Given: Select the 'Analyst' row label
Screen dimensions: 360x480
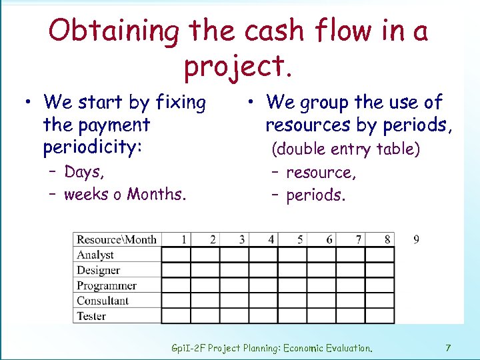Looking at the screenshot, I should (x=95, y=255).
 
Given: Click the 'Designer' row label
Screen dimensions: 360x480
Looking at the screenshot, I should (x=98, y=270).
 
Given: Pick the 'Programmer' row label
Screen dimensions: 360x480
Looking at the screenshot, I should (x=107, y=285).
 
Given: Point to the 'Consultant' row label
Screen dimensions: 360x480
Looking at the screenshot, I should (x=103, y=301).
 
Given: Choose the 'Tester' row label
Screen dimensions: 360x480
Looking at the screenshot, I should (x=91, y=316).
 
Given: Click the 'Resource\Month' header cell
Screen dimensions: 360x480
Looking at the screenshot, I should (x=117, y=239).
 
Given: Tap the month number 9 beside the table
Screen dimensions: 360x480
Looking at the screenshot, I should (x=416, y=239).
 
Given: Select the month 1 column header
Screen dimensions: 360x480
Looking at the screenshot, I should (x=183, y=239).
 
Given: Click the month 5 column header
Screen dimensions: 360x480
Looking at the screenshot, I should (x=300, y=239).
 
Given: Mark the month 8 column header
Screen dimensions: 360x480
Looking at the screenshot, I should (x=387, y=239).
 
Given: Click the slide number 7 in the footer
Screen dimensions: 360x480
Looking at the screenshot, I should (x=448, y=347).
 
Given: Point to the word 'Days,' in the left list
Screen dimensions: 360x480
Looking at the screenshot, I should (x=84, y=172).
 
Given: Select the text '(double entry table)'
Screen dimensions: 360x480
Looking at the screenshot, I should (x=345, y=149).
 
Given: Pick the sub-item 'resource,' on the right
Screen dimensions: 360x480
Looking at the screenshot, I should (x=321, y=173).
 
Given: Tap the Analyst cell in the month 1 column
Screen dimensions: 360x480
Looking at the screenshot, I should (x=176, y=255).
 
